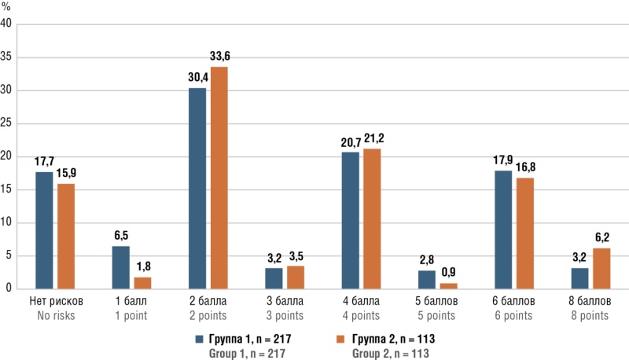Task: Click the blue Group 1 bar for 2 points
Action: [197, 188]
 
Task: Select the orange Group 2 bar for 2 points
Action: [218, 178]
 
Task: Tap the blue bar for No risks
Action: [44, 230]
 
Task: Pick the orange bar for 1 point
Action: [142, 282]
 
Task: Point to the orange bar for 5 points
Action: [447, 285]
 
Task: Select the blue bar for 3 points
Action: [274, 278]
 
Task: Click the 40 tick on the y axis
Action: [7, 24]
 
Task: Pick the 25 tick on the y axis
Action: [7, 123]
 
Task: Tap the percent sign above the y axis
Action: [6, 7]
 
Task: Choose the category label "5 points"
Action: [433, 315]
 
